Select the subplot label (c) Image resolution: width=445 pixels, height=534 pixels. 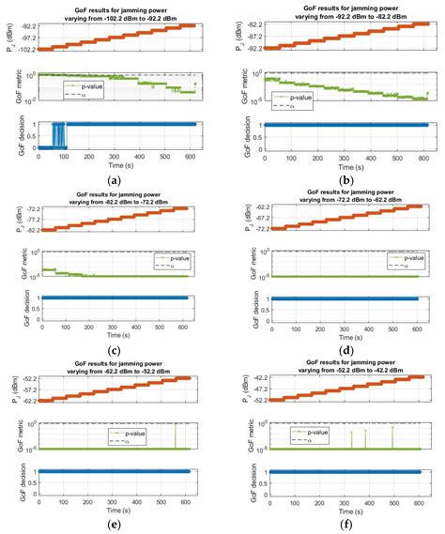pos(114,351)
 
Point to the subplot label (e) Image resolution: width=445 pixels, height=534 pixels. pos(114,523)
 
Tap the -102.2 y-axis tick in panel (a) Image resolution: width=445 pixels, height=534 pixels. pos(22,49)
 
